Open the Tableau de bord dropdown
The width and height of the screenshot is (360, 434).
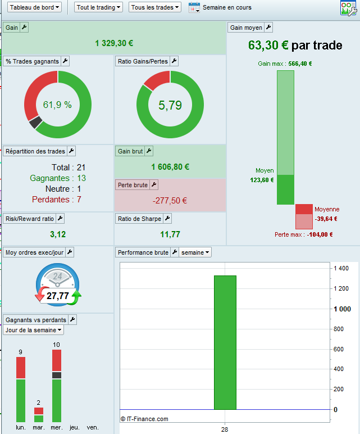(35, 7)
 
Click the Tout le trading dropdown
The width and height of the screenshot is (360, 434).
(99, 7)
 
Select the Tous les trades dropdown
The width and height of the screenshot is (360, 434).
(155, 7)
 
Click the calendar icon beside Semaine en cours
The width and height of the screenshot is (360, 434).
(194, 7)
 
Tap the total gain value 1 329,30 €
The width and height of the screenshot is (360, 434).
(114, 43)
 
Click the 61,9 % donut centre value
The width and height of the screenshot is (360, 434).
(57, 105)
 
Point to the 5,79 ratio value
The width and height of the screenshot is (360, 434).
(170, 105)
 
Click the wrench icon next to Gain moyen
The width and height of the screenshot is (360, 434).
(268, 28)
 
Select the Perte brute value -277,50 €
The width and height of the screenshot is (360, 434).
(170, 201)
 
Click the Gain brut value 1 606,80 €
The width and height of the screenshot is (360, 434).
(170, 167)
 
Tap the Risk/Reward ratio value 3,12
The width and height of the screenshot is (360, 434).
(58, 234)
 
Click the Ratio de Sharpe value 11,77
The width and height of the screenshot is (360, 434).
(170, 234)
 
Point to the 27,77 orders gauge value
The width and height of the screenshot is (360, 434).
(58, 296)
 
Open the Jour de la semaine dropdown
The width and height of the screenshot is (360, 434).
(34, 330)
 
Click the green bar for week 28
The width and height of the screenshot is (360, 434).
(225, 342)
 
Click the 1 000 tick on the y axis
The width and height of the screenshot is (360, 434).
(342, 309)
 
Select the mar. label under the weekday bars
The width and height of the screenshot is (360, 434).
(38, 428)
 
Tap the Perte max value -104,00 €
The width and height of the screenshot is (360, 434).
(320, 234)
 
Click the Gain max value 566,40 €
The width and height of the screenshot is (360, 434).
(300, 64)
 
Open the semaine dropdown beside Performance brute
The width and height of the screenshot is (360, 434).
(195, 252)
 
